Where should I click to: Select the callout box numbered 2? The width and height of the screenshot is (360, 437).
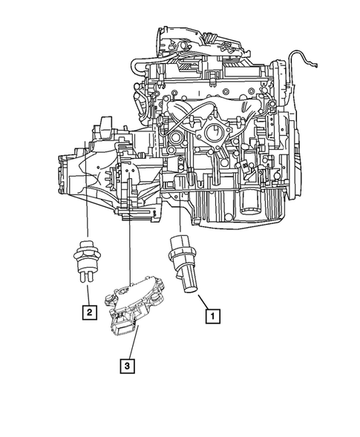[88, 312]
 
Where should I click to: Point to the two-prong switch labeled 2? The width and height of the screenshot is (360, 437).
[88, 257]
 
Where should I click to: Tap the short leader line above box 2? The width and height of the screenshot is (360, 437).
[88, 295]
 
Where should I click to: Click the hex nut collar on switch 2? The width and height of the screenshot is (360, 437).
[88, 258]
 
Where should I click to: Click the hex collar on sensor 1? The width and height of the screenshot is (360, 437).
[180, 250]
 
